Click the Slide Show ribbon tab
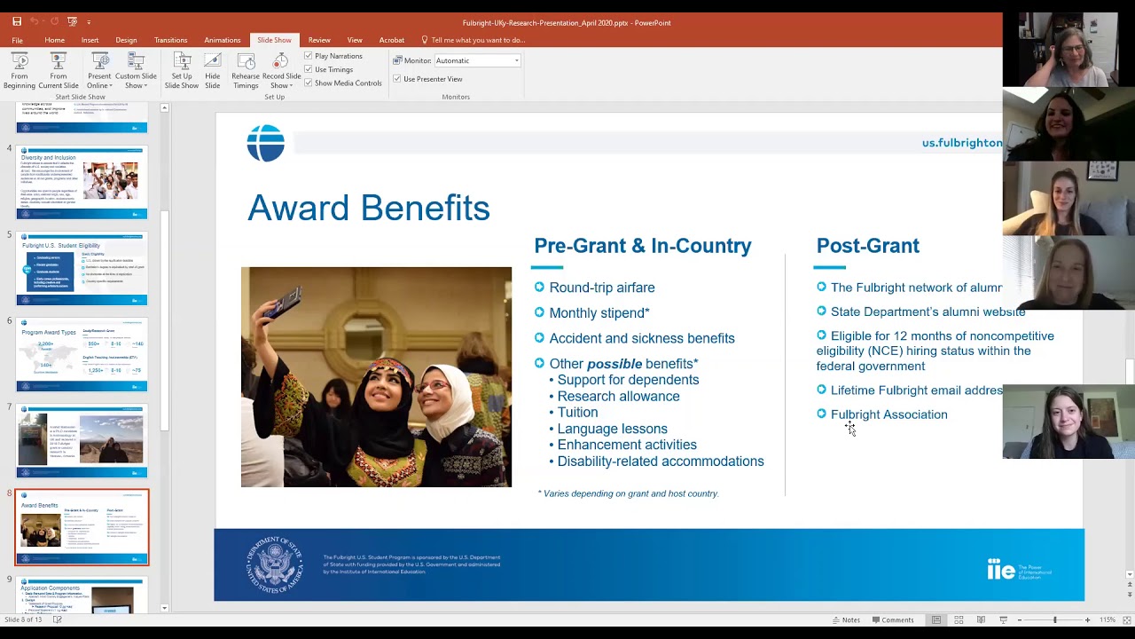tap(274, 40)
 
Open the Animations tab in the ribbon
tap(222, 40)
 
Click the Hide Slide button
tap(213, 70)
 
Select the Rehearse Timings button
tap(246, 70)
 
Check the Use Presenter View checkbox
tap(397, 79)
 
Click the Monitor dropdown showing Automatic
tap(477, 60)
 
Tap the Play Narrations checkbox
tap(309, 56)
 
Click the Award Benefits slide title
tap(368, 209)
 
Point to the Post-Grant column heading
tap(867, 246)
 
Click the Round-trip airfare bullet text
tap(601, 288)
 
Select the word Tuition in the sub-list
tap(577, 413)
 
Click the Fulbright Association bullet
tap(888, 414)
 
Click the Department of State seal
tap(275, 564)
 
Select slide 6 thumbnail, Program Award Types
tap(82, 354)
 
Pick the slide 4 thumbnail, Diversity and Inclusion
tap(82, 181)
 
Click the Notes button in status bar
tap(845, 620)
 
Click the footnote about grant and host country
tap(628, 493)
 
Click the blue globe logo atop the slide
tap(265, 143)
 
